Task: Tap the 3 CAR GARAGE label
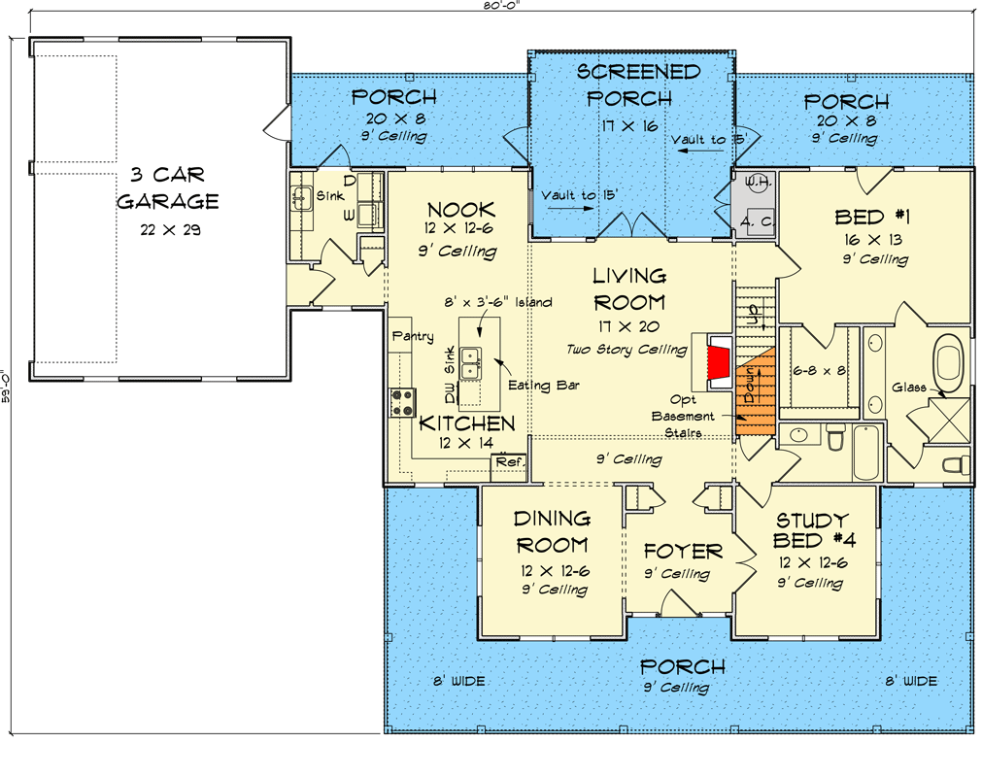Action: (167, 188)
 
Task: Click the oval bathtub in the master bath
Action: (951, 360)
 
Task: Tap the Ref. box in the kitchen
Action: (507, 463)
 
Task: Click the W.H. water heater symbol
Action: (758, 183)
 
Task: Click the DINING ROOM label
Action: (552, 531)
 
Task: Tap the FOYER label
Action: (684, 552)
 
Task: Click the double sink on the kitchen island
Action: (472, 364)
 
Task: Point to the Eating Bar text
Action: (550, 386)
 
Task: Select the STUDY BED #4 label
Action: (810, 529)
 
